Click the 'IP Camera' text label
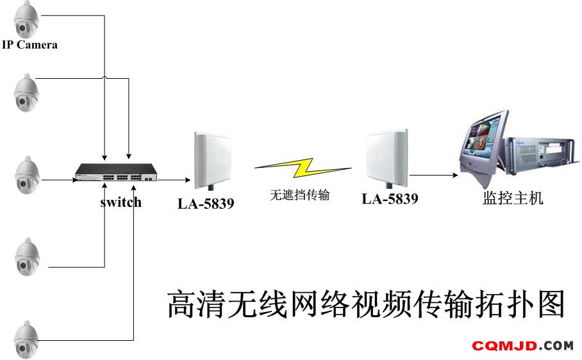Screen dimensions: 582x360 pos(29,45)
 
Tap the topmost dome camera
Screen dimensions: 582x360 pos(26,19)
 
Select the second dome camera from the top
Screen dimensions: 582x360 pos(26,93)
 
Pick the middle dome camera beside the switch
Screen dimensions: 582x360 pos(27,175)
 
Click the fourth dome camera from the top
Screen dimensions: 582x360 pos(27,257)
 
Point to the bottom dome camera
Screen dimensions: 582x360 pos(26,340)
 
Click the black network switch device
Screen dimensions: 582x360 pos(116,172)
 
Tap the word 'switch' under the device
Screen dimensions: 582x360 pos(121,202)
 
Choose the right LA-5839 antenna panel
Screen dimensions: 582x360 pos(387,158)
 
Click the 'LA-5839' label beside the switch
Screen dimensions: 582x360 pos(206,204)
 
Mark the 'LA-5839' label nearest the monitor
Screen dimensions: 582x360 pos(390,199)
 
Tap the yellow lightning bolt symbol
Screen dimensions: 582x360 pos(303,168)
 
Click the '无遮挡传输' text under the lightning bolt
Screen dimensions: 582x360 pos(300,195)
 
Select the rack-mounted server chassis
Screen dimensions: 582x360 pos(540,156)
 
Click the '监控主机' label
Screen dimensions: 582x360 pos(513,198)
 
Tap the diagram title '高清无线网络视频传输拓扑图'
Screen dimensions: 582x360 pos(366,304)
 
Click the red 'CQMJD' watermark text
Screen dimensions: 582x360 pos(504,347)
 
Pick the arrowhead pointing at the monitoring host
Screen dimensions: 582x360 pos(456,175)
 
